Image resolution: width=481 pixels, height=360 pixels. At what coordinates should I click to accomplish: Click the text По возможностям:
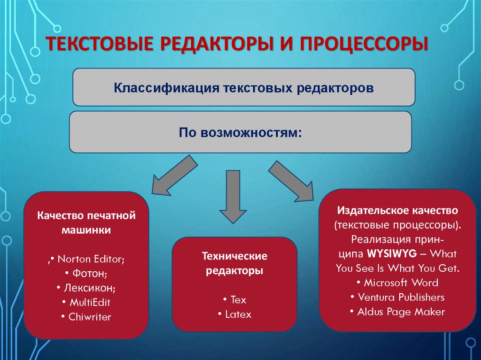(240, 132)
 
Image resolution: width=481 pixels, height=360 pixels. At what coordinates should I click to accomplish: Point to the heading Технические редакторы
(234, 263)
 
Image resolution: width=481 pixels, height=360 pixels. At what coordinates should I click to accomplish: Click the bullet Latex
(235, 314)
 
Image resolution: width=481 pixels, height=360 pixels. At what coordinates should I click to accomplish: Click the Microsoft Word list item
(397, 283)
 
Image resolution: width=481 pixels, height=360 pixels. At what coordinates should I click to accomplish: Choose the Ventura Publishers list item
(397, 297)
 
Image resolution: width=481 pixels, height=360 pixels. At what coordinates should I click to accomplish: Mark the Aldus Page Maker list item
(397, 312)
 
